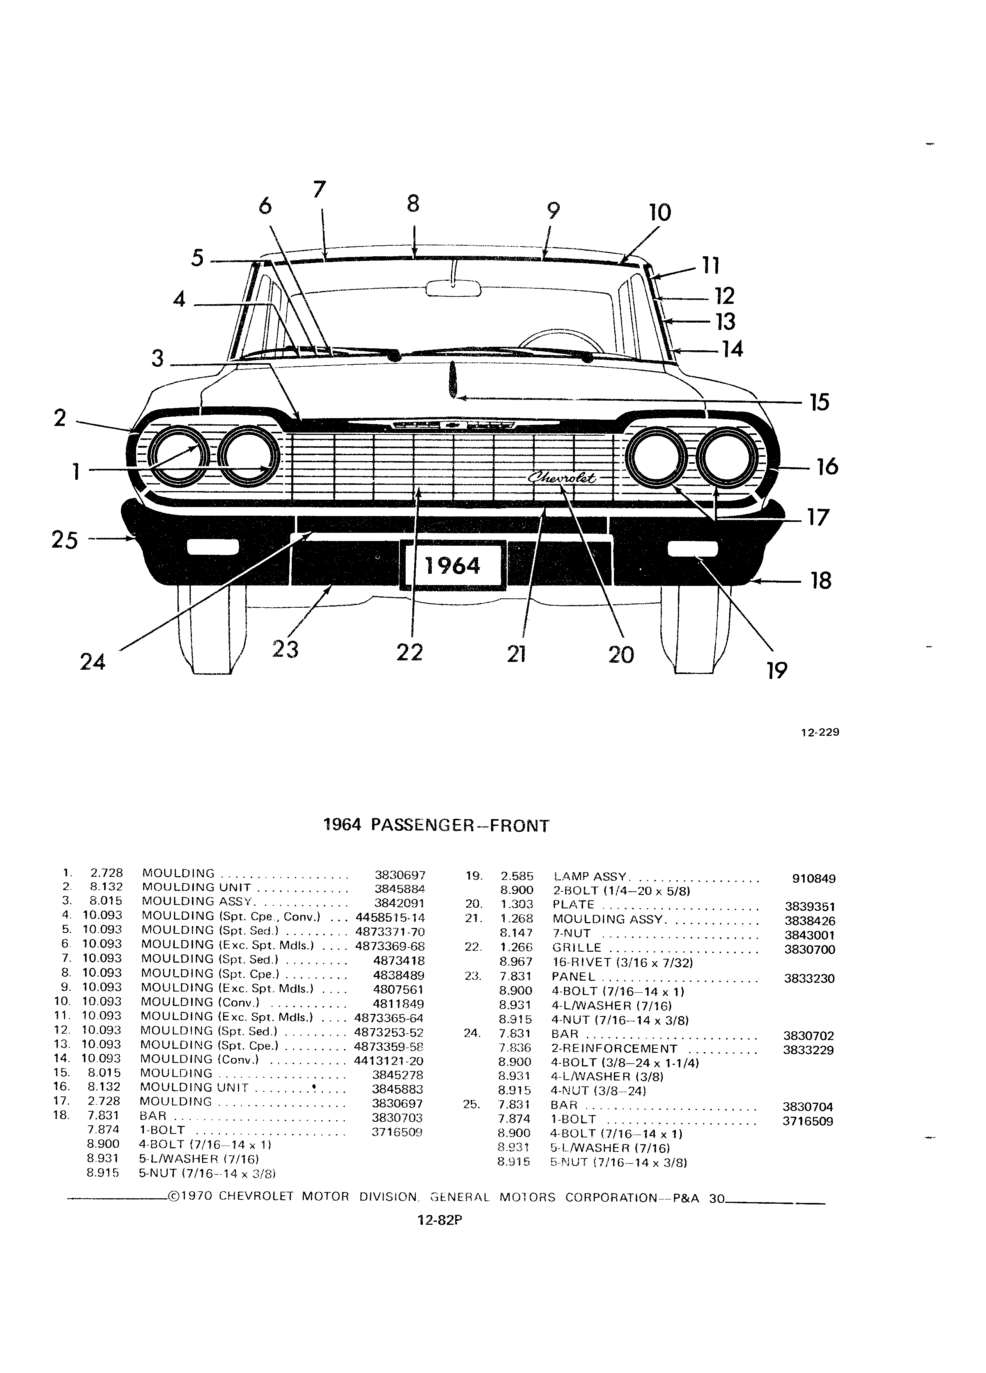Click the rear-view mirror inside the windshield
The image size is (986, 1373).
click(453, 288)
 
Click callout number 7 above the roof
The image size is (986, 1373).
click(319, 190)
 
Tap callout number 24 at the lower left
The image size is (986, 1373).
click(92, 662)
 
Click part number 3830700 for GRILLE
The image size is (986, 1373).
click(810, 950)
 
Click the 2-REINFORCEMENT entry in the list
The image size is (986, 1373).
click(614, 1048)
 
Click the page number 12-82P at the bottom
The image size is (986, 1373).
click(440, 1220)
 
